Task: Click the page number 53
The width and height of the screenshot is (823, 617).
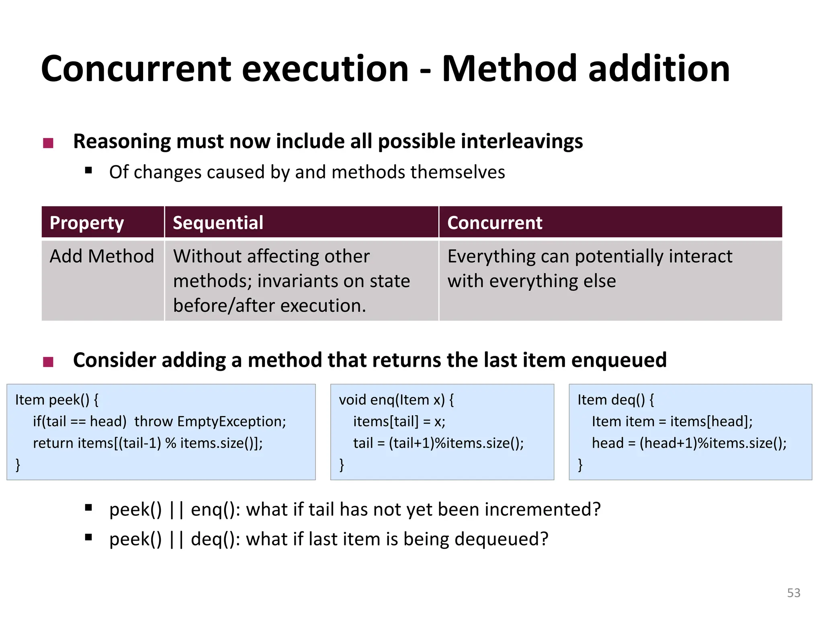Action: tap(793, 593)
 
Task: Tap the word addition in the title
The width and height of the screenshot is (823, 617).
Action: tap(659, 69)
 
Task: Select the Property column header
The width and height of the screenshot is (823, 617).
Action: tap(86, 223)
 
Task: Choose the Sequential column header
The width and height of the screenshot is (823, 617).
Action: tap(218, 223)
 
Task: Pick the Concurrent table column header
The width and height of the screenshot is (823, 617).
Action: tap(495, 223)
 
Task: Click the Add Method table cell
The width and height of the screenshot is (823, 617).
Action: tap(102, 256)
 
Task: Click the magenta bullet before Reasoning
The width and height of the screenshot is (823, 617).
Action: tap(48, 143)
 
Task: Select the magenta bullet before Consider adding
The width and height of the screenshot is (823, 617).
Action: tap(48, 362)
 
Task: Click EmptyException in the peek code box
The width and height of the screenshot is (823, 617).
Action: tap(231, 421)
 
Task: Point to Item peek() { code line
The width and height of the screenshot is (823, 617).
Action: tap(57, 400)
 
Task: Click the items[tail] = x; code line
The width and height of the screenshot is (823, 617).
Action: tap(399, 421)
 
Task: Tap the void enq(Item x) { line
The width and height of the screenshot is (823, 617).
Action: tap(396, 400)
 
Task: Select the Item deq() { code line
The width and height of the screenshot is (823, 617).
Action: tap(615, 400)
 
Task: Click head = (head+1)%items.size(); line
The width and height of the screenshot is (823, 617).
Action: tap(689, 443)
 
